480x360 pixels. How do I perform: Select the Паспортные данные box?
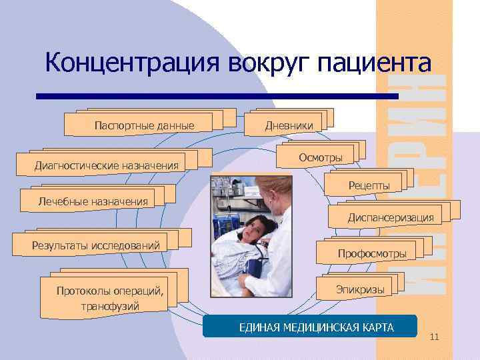click(x=144, y=125)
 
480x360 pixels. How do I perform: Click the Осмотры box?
click(x=321, y=157)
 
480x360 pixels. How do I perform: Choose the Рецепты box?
click(x=369, y=185)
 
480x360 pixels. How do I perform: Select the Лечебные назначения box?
click(x=93, y=201)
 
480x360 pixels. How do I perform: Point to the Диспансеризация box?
click(x=390, y=217)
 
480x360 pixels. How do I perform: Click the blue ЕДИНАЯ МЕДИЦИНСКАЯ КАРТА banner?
click(x=309, y=328)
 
